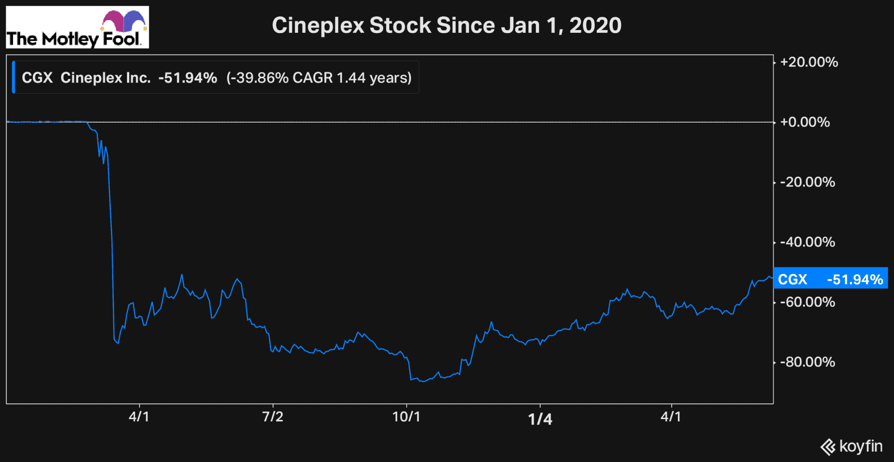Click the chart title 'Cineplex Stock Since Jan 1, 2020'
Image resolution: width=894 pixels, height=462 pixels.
(446, 25)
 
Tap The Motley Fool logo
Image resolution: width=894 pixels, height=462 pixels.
(77, 28)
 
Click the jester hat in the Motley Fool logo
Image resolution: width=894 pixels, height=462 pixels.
(124, 21)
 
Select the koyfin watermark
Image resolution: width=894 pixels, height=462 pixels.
(851, 447)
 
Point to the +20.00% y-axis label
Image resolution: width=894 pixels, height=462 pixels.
(809, 62)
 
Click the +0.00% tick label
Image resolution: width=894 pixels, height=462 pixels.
(805, 122)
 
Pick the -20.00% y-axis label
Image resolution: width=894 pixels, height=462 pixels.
(808, 182)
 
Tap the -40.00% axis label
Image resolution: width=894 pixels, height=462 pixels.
(808, 242)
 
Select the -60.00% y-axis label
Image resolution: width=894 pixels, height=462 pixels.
(808, 302)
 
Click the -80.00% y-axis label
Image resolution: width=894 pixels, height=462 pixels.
(808, 362)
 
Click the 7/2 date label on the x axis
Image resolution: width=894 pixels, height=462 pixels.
(273, 417)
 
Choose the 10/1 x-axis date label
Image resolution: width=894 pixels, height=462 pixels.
(406, 417)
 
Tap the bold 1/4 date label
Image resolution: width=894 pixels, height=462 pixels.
(540, 419)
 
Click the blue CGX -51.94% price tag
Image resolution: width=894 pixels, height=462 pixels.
(830, 279)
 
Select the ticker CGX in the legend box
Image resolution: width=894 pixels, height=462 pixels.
(37, 78)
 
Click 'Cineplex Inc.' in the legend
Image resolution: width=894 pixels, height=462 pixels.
(105, 78)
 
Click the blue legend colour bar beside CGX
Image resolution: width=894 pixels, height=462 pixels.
(14, 77)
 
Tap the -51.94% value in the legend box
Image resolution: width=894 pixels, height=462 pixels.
(188, 78)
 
